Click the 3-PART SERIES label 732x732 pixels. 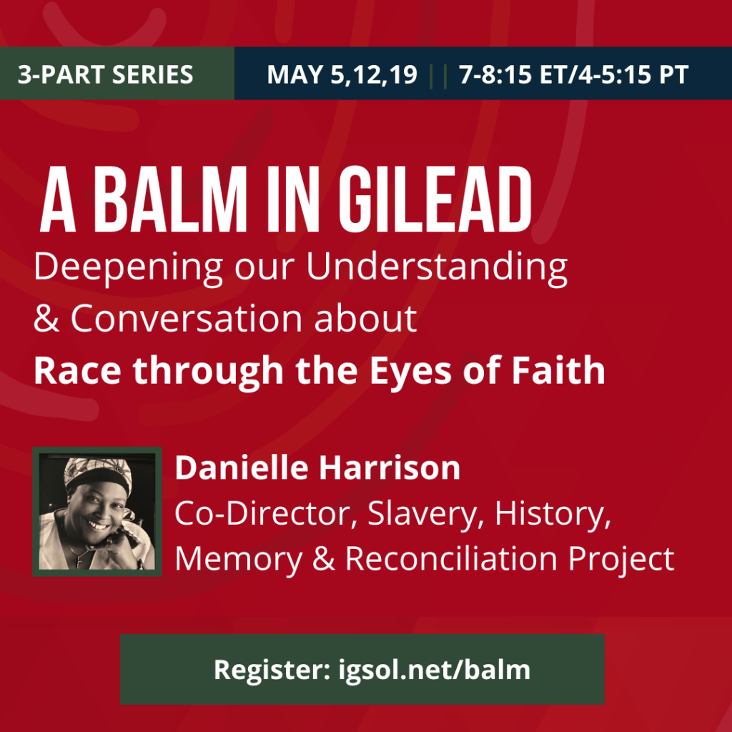[x=106, y=74]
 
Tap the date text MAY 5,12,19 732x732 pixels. [x=342, y=74]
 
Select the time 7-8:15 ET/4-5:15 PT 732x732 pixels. [x=573, y=74]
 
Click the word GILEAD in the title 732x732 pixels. [x=435, y=199]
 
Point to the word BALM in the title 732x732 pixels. [x=170, y=199]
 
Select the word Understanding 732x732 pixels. [x=437, y=268]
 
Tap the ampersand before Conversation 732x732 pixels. [x=46, y=318]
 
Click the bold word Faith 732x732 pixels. [x=558, y=370]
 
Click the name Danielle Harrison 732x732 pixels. [x=317, y=468]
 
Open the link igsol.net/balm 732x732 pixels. [x=435, y=670]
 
